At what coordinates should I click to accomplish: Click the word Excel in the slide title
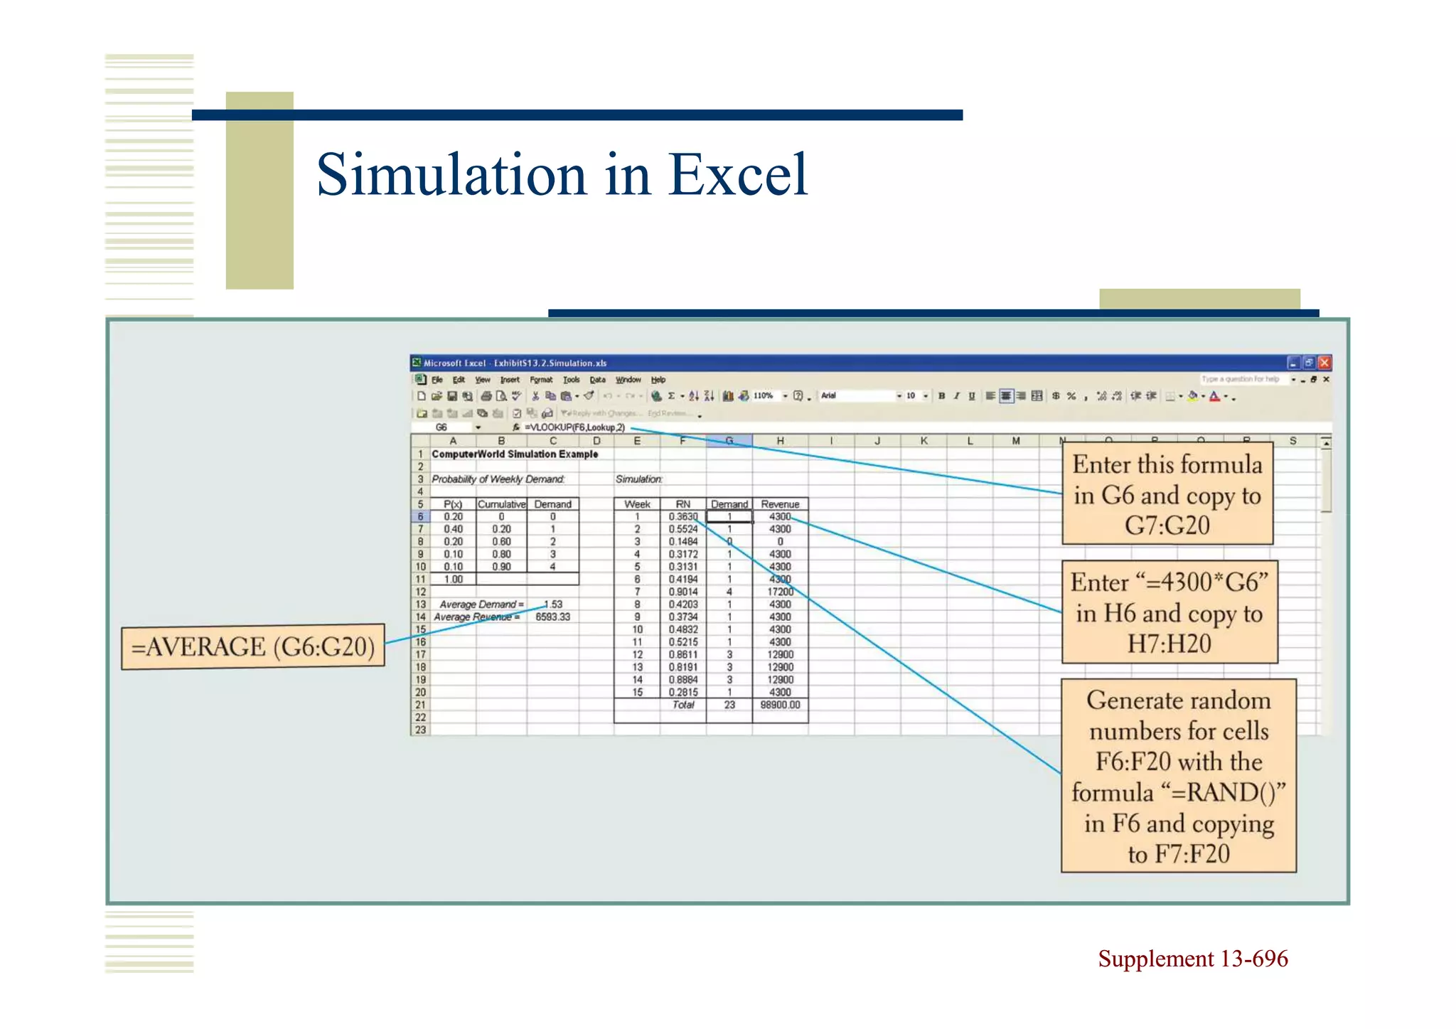pos(737,175)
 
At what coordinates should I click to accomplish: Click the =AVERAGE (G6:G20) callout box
pos(253,647)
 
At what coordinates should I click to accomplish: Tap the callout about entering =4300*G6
pos(1169,612)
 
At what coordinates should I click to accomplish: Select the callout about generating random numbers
pos(1178,776)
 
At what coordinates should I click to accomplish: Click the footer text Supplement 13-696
pos(1192,959)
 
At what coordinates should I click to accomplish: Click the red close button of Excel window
pos(1324,363)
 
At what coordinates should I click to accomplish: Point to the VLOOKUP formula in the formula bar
pos(574,427)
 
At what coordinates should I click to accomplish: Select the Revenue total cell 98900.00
pos(780,705)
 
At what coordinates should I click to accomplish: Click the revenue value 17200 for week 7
pos(780,592)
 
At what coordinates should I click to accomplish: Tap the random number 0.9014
pos(682,592)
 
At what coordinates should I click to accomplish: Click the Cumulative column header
pos(501,504)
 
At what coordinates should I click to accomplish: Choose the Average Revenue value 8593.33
pos(552,617)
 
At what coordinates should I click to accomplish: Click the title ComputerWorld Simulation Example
pos(515,454)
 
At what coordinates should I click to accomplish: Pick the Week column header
pos(637,504)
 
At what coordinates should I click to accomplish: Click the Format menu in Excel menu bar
pos(540,380)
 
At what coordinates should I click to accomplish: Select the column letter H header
pos(780,441)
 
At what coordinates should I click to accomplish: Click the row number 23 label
pos(420,730)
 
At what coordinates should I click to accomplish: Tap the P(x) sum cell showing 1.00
pos(453,580)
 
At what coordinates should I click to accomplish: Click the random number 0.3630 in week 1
pos(682,517)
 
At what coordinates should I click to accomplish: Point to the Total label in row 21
pos(682,705)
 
